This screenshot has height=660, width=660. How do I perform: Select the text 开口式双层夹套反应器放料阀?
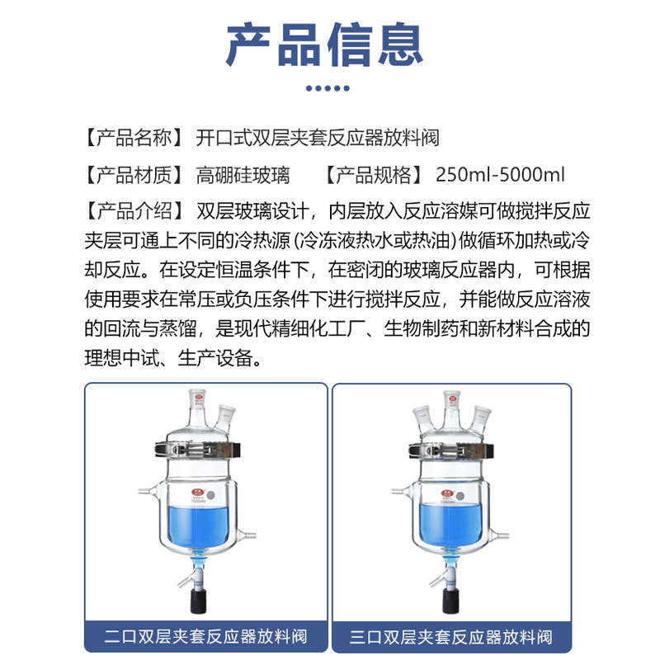(323, 137)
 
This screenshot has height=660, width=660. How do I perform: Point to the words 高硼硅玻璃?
(243, 175)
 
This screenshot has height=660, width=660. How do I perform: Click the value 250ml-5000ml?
(500, 175)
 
